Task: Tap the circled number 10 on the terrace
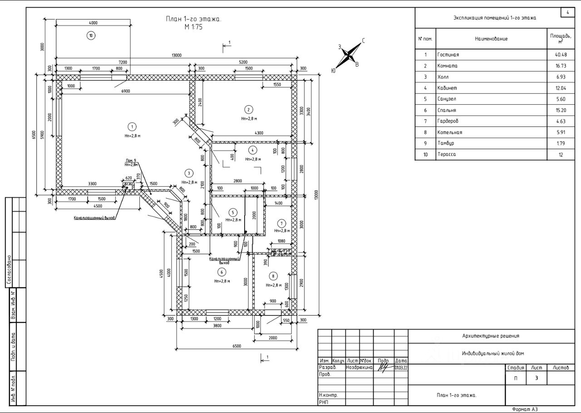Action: point(91,35)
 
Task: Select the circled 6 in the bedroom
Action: point(222,272)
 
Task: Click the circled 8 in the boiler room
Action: point(273,276)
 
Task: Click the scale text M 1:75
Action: point(193,27)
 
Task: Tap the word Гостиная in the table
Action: point(448,55)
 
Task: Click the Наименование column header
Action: point(491,39)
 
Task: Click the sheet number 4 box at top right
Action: point(567,12)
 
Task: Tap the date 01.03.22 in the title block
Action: point(401,368)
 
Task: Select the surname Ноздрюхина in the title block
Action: point(359,368)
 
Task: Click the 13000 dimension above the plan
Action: point(177,55)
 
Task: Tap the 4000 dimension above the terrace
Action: point(93,23)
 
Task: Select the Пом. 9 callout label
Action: point(131,161)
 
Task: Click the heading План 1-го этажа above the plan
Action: point(193,19)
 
